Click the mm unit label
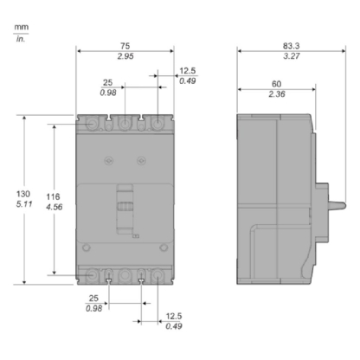point(18,26)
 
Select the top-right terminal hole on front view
point(157,125)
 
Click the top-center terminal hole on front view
point(125,125)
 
